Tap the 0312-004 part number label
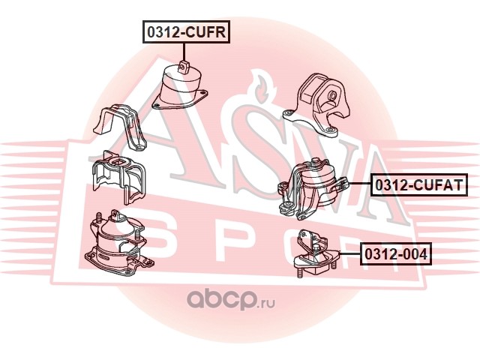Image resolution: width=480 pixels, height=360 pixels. [x=396, y=254]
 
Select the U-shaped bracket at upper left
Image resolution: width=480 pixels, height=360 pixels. [x=119, y=127]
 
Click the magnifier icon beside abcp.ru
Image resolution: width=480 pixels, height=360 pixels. [x=192, y=300]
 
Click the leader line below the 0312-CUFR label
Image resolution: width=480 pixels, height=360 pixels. [x=184, y=50]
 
